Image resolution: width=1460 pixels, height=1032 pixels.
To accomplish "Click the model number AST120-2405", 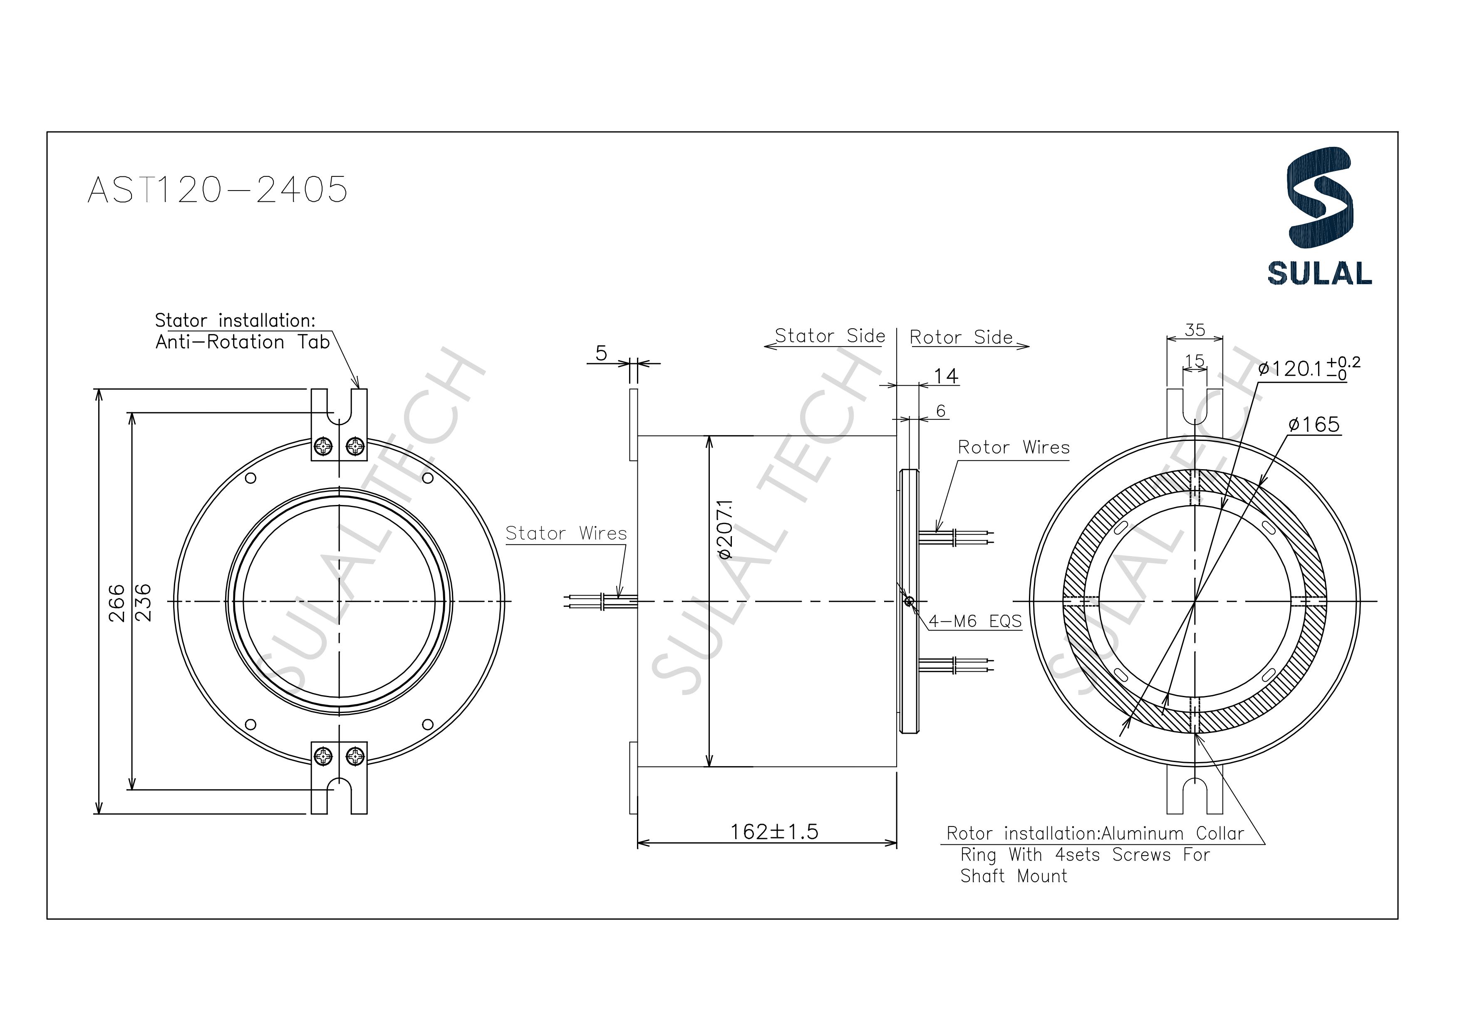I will tap(218, 190).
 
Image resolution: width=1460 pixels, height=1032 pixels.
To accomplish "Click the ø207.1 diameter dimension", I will tap(725, 529).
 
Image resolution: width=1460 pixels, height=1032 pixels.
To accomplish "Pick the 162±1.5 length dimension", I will tap(774, 832).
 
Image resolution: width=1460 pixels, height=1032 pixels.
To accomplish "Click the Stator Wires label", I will tap(566, 534).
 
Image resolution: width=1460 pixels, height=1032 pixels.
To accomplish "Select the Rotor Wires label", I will tap(1014, 448).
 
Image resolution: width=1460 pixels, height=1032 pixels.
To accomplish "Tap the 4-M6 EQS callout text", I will tap(975, 621).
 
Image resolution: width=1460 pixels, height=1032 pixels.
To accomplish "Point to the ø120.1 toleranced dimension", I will tap(1309, 368).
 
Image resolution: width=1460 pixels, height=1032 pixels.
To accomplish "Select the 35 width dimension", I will tap(1195, 329).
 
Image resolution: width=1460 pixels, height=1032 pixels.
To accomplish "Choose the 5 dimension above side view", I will tap(601, 353).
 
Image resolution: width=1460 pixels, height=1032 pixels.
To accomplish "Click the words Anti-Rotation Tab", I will tap(242, 342).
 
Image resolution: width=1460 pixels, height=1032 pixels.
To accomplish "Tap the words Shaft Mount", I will tap(1014, 876).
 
